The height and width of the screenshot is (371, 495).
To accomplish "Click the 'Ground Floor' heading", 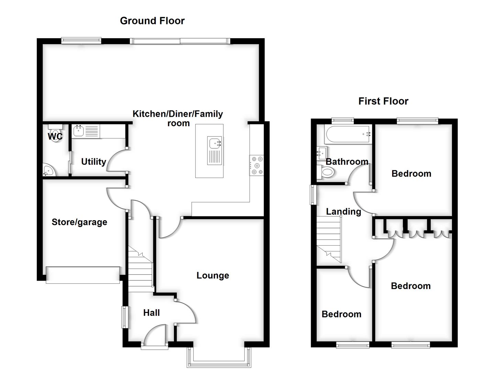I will pos(152,21).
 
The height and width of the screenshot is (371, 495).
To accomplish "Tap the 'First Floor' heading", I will pos(383,101).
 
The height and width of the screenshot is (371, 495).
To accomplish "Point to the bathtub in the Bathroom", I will pos(348,134).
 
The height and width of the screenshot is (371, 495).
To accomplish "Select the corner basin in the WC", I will pos(47,170).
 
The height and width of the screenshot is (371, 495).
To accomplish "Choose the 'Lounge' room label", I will pos(212,276).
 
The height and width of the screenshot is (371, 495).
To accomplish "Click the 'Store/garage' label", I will pos(79,222).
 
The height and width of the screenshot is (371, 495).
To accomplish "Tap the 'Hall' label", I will pos(151,313).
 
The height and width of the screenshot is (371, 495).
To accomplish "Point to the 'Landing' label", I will pos(343,212).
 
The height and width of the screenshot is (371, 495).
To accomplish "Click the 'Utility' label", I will pos(93,162).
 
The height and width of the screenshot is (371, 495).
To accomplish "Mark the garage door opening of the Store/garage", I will pos(83,275).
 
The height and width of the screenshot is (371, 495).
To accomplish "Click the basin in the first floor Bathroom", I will pos(322,152).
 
